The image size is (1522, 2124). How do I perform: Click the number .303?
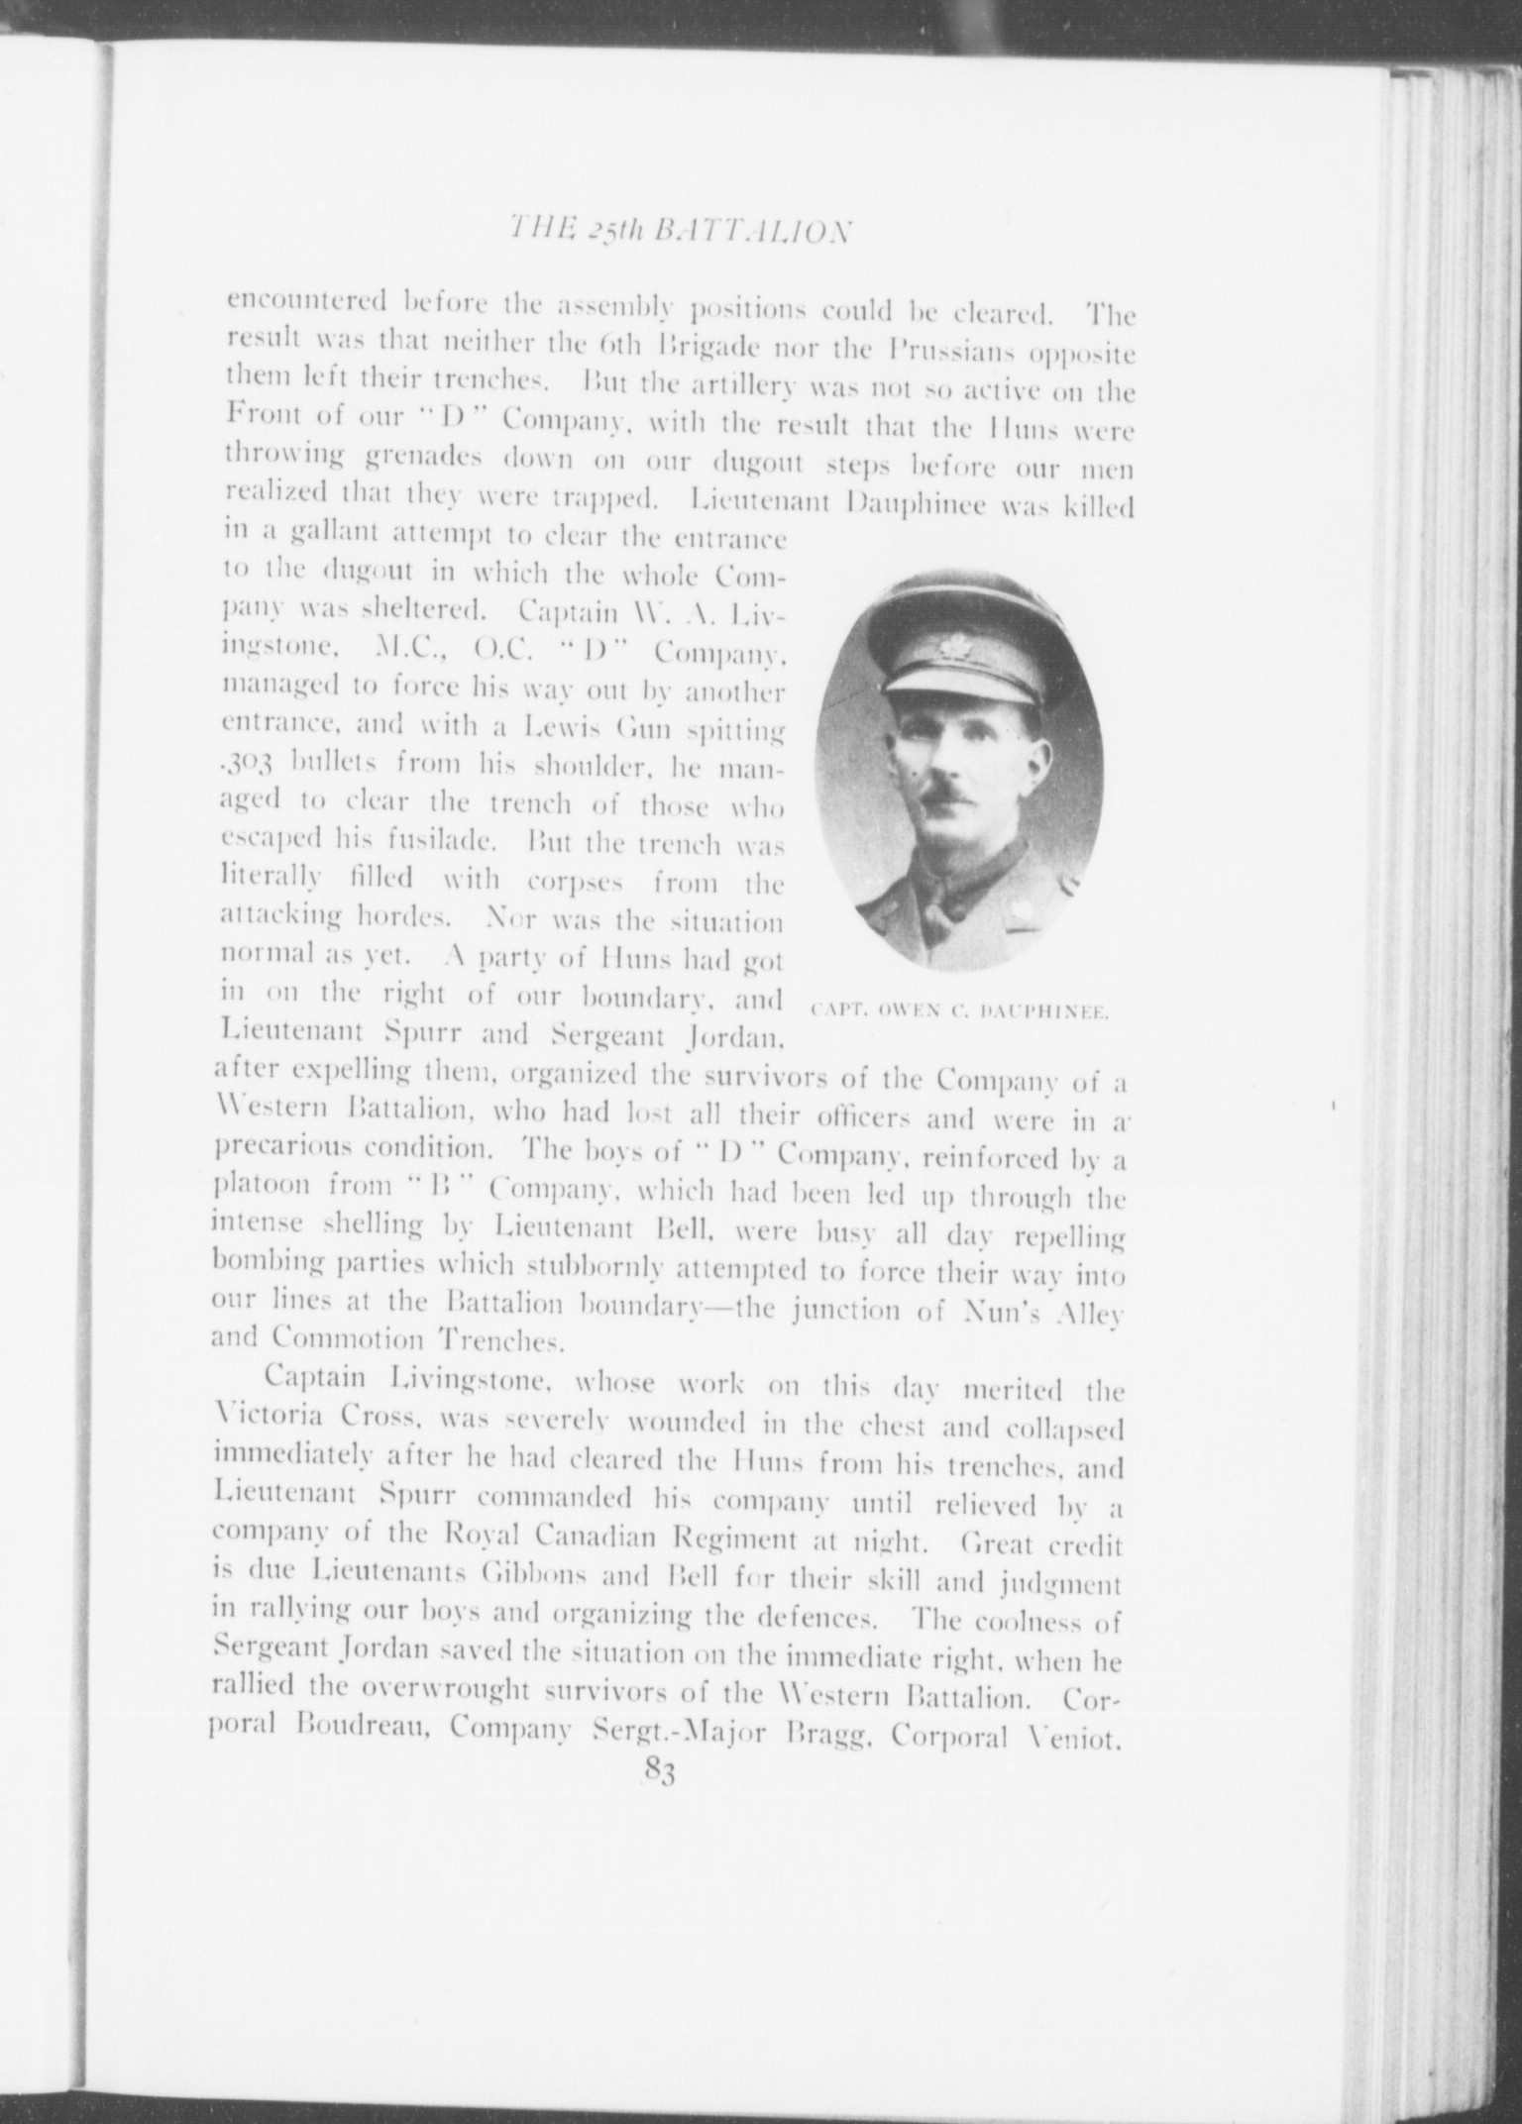252,765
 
